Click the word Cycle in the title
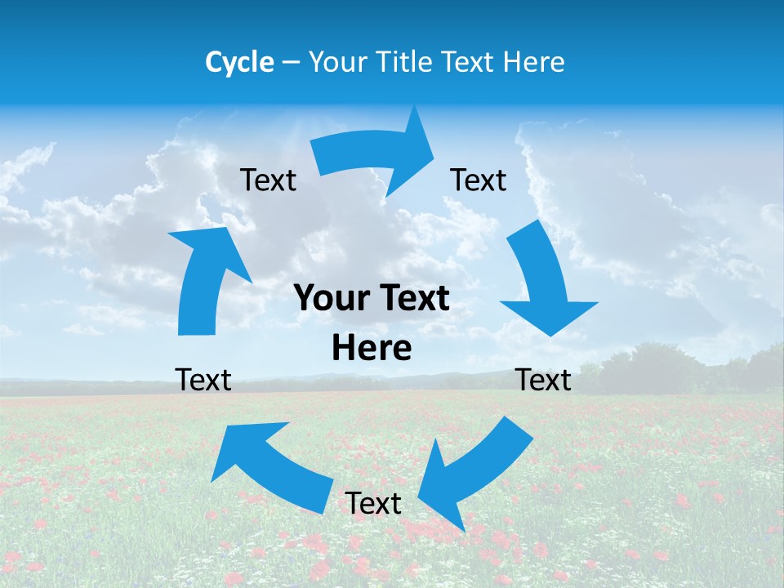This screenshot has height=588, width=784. [x=239, y=62]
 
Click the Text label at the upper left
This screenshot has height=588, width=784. [x=268, y=180]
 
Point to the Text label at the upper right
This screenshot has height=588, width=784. [x=479, y=180]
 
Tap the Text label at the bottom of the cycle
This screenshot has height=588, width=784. [x=373, y=504]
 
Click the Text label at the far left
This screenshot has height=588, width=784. [x=203, y=380]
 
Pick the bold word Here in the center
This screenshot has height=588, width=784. [x=372, y=349]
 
